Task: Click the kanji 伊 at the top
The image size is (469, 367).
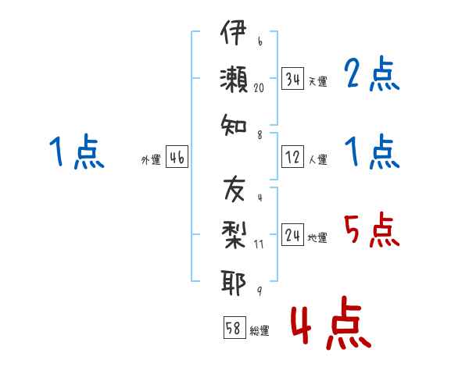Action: click(x=233, y=32)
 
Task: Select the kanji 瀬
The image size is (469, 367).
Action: click(x=234, y=79)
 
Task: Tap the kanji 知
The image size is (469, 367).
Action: click(x=234, y=125)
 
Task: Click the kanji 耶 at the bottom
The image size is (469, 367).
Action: click(x=233, y=283)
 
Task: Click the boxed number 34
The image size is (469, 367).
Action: click(x=292, y=79)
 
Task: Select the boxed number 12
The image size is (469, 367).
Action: click(x=292, y=157)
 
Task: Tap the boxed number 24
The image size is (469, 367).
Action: click(x=292, y=234)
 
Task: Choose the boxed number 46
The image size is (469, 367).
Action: click(x=177, y=157)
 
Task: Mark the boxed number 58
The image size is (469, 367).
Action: click(x=234, y=327)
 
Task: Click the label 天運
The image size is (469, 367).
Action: click(x=318, y=81)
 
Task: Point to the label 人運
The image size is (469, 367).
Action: click(x=318, y=159)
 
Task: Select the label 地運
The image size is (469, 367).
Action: click(x=317, y=237)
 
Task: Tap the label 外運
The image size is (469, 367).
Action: click(x=151, y=159)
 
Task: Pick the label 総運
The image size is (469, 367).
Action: click(x=260, y=330)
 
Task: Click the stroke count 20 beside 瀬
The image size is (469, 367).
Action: click(x=259, y=87)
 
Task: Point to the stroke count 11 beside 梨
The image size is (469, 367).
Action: click(x=259, y=244)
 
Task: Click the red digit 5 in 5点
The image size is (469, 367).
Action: click(x=352, y=229)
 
